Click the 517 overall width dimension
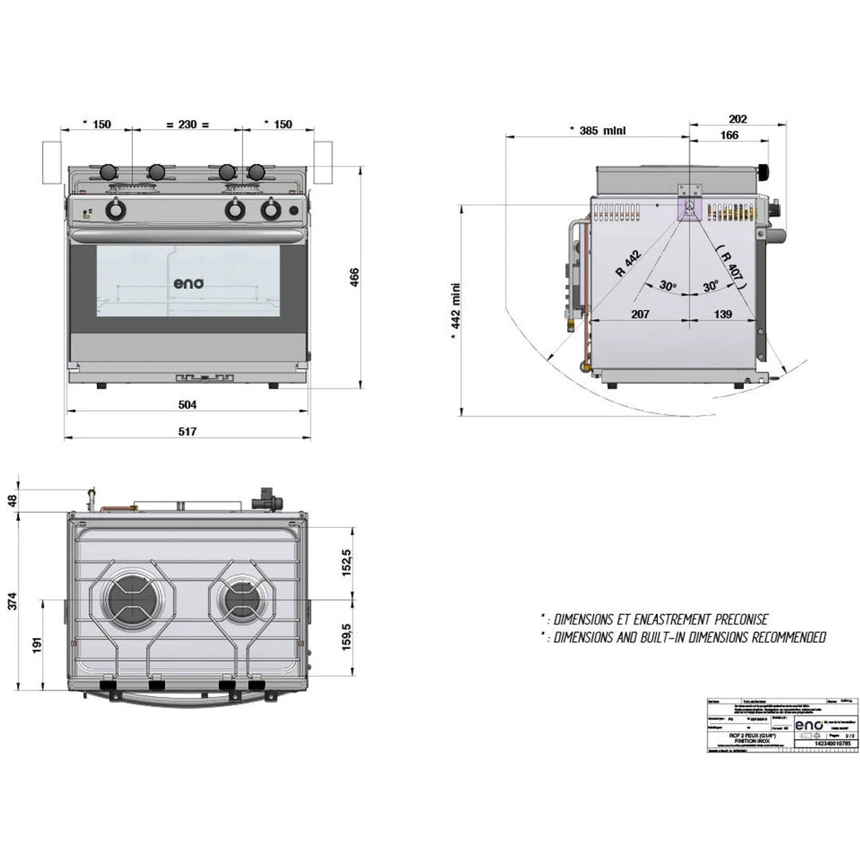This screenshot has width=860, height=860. tap(187, 431)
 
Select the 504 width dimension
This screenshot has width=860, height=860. tap(187, 405)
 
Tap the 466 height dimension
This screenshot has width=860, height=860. tap(355, 276)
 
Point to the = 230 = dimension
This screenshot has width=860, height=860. tap(187, 124)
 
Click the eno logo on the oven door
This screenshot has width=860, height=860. tap(189, 283)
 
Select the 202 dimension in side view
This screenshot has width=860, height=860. tap(737, 119)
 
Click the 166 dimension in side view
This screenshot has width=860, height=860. tap(729, 135)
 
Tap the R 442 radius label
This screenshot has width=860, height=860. tap(629, 264)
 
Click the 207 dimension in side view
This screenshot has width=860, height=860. tap(640, 315)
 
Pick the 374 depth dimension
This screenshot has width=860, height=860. tap(10, 602)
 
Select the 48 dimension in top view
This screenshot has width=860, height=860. tap(10, 499)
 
